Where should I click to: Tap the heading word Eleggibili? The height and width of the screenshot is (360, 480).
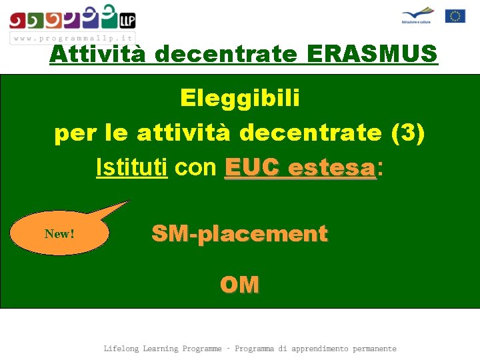[240, 99]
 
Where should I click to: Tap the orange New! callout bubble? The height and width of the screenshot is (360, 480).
[60, 234]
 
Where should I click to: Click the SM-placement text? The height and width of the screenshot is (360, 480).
[239, 234]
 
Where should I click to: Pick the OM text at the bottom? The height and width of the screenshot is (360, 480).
[239, 285]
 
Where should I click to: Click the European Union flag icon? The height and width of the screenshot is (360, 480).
[455, 16]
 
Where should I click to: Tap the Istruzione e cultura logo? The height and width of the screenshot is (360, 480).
[417, 15]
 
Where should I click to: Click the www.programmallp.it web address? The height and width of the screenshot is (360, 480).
[73, 38]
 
